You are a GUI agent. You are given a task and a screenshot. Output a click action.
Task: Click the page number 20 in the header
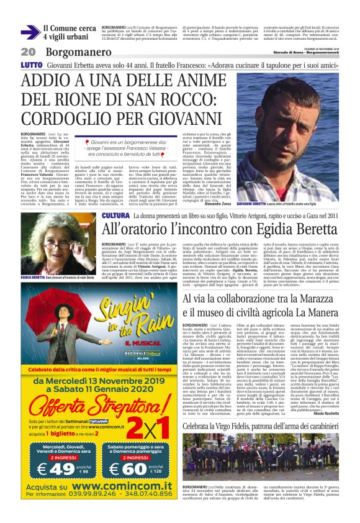click(28, 51)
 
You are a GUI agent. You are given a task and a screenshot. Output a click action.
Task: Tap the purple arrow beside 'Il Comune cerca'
click(29, 32)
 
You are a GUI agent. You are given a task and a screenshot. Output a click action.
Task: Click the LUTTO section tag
click(31, 65)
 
